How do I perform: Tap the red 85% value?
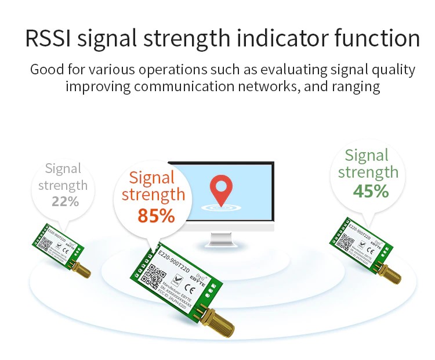pos(156,215)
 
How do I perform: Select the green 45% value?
pos(371,191)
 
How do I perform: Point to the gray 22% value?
pos(65,201)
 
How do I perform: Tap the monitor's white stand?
pos(219,237)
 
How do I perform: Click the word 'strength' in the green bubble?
pos(368,172)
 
